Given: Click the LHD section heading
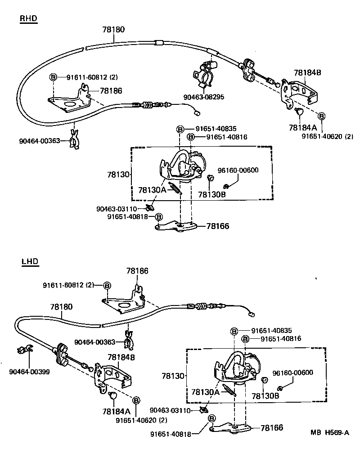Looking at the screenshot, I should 30,261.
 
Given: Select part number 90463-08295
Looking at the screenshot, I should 204,97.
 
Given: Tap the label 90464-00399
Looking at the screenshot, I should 29,372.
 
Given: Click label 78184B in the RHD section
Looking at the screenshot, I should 308,72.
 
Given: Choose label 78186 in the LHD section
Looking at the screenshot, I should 137,271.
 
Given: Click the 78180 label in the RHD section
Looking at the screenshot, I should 113,29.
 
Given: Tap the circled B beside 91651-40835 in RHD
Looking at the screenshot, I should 179,129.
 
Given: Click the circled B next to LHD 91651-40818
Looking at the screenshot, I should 211,418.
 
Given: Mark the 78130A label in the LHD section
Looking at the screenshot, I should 205,391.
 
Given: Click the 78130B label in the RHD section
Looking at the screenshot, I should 211,194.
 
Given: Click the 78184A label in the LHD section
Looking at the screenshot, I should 116,411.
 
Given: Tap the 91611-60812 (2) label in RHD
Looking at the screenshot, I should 92,77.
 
